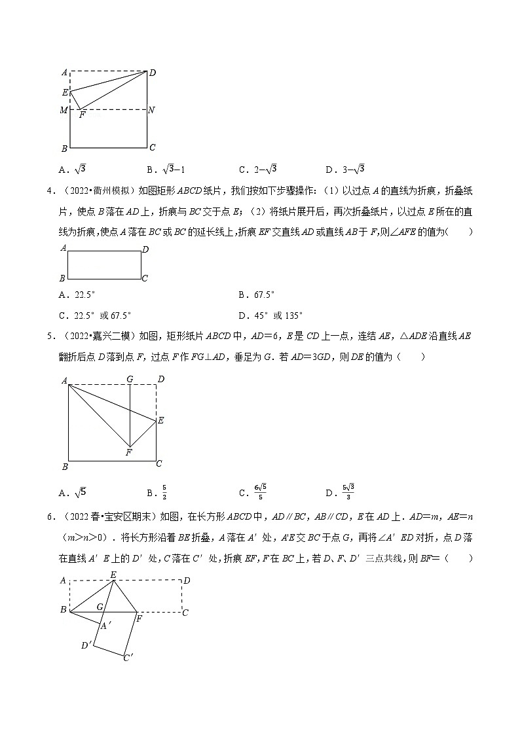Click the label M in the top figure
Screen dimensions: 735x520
(64, 110)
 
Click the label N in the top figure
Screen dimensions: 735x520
(151, 110)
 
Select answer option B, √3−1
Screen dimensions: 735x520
(165, 170)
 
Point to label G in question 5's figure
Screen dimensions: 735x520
(130, 379)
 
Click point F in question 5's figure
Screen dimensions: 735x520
(129, 452)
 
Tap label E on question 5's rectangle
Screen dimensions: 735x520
(160, 420)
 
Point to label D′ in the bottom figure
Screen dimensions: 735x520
(86, 646)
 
